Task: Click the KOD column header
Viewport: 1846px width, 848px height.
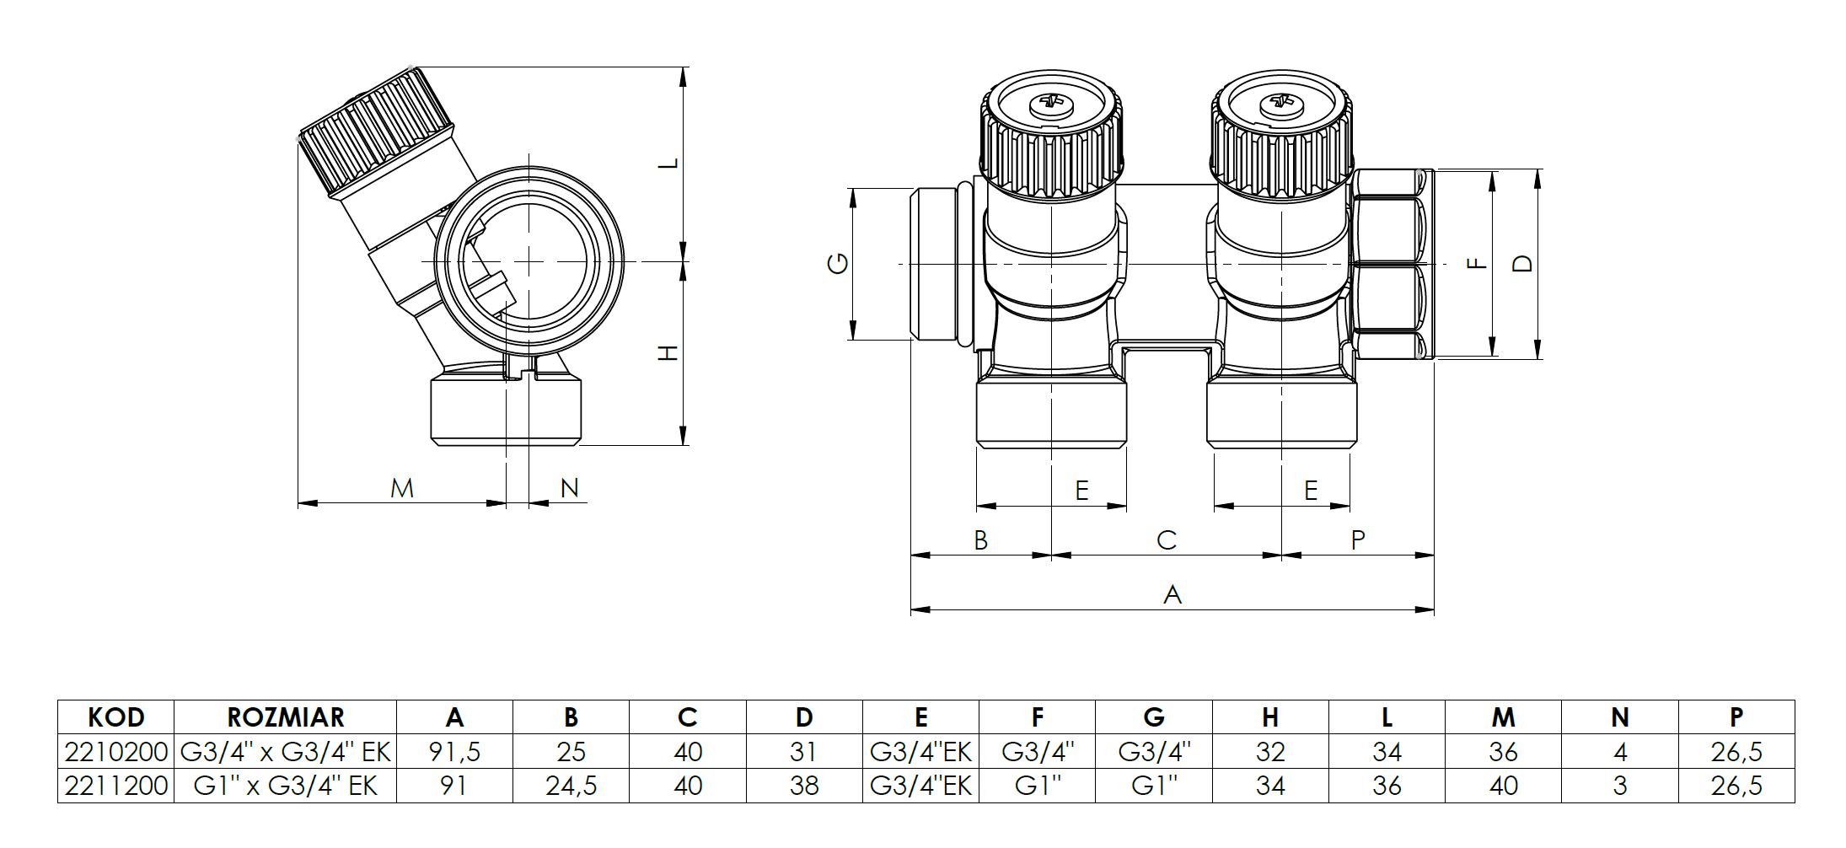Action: [x=116, y=717]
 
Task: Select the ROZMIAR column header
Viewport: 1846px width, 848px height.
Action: [x=286, y=717]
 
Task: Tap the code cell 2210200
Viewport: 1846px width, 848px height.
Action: [x=116, y=751]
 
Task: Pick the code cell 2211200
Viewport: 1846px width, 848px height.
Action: [x=116, y=786]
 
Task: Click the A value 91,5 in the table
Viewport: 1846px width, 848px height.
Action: [x=454, y=751]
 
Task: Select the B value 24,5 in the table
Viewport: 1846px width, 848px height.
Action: [x=571, y=786]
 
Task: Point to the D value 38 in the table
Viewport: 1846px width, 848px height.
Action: [x=804, y=786]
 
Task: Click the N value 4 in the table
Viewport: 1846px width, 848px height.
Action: [x=1619, y=751]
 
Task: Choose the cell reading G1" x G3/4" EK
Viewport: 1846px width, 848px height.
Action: [x=286, y=786]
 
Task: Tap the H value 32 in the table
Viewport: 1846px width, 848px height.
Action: [x=1270, y=751]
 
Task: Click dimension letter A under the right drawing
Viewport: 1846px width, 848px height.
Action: [x=1172, y=595]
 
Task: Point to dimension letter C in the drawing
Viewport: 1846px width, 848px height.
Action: [x=1167, y=540]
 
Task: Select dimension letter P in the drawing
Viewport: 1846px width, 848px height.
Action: [x=1357, y=540]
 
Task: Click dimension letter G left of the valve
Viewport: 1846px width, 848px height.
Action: [x=838, y=264]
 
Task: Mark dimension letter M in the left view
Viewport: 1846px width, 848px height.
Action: [x=402, y=488]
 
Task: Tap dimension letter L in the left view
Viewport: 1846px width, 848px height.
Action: [x=668, y=163]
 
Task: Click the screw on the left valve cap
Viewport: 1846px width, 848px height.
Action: [x=1051, y=106]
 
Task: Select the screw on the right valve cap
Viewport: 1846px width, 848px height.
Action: [x=1281, y=105]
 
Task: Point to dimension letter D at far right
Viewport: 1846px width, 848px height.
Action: [x=1522, y=264]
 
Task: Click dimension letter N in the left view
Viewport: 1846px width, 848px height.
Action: [x=570, y=488]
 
